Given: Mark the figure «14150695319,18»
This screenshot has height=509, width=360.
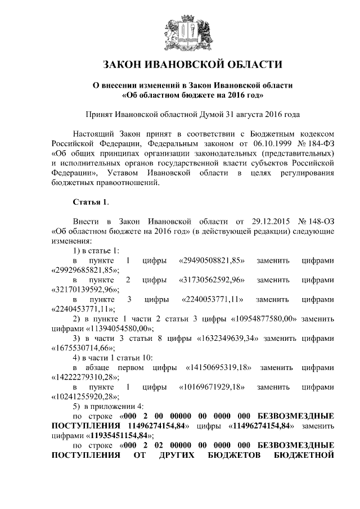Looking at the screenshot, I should coord(218,368).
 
